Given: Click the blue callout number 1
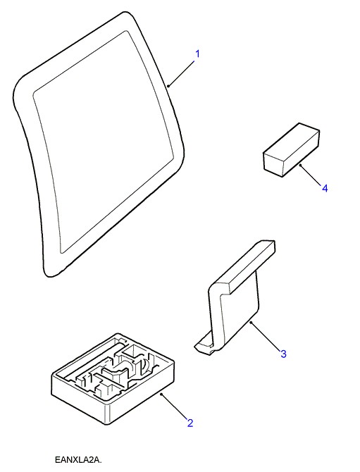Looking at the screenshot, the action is click(x=197, y=54).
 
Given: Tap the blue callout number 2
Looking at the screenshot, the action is click(x=190, y=423).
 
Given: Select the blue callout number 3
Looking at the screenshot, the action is click(x=283, y=354).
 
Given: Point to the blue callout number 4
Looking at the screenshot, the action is click(x=325, y=188).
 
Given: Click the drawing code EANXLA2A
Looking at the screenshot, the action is click(x=79, y=460).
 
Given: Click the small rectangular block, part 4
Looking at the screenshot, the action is click(x=291, y=149).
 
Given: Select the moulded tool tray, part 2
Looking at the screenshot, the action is click(x=113, y=379).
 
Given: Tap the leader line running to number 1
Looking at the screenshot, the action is click(x=181, y=73).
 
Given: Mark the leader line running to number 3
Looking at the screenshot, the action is click(x=265, y=336).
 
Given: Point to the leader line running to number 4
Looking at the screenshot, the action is click(x=311, y=175).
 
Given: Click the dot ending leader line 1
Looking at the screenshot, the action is click(x=168, y=87).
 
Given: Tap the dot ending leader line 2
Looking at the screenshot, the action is click(x=162, y=394).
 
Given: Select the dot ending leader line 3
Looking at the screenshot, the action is click(x=251, y=323).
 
